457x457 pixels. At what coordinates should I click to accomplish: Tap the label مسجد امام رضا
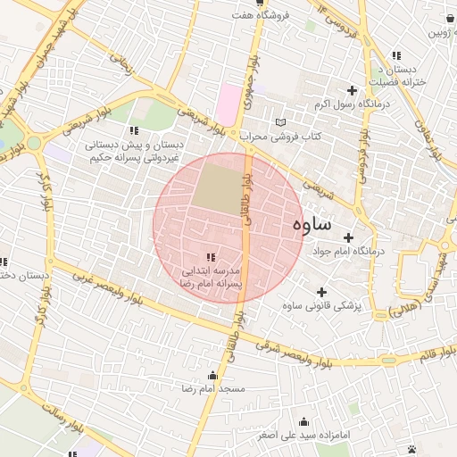[213, 390]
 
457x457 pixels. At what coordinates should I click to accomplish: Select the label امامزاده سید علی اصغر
[304, 436]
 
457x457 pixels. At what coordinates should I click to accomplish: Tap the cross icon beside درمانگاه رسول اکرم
[353, 90]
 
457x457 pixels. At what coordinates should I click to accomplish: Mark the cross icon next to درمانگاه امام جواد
[348, 237]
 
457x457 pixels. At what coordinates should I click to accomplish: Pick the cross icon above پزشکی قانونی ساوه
[321, 292]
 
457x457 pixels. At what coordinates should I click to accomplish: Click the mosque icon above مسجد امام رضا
[212, 376]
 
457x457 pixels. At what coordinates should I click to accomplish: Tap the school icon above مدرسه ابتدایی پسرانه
[211, 257]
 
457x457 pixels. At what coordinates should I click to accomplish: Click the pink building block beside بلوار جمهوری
[230, 105]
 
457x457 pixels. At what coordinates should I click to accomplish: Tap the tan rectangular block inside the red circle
[218, 184]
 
